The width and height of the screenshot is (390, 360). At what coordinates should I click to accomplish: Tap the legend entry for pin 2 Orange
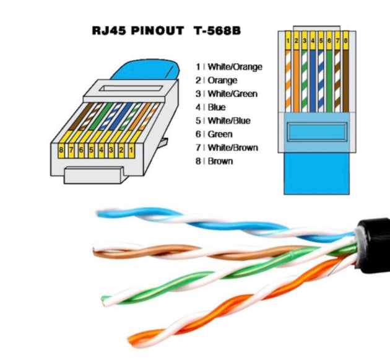[x=220, y=81]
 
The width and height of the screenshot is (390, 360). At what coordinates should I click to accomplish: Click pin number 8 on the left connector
[x=62, y=149]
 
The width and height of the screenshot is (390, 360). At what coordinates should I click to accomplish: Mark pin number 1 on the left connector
[x=131, y=149]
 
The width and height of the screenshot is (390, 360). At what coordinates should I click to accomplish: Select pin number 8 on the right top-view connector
[x=345, y=41]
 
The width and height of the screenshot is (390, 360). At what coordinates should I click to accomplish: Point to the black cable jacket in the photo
[x=374, y=245]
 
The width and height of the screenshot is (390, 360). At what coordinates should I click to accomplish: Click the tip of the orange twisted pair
[x=131, y=337]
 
